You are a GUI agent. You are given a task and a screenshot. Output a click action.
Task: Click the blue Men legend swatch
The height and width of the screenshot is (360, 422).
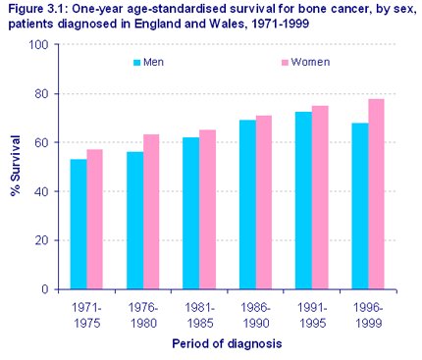137,62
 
